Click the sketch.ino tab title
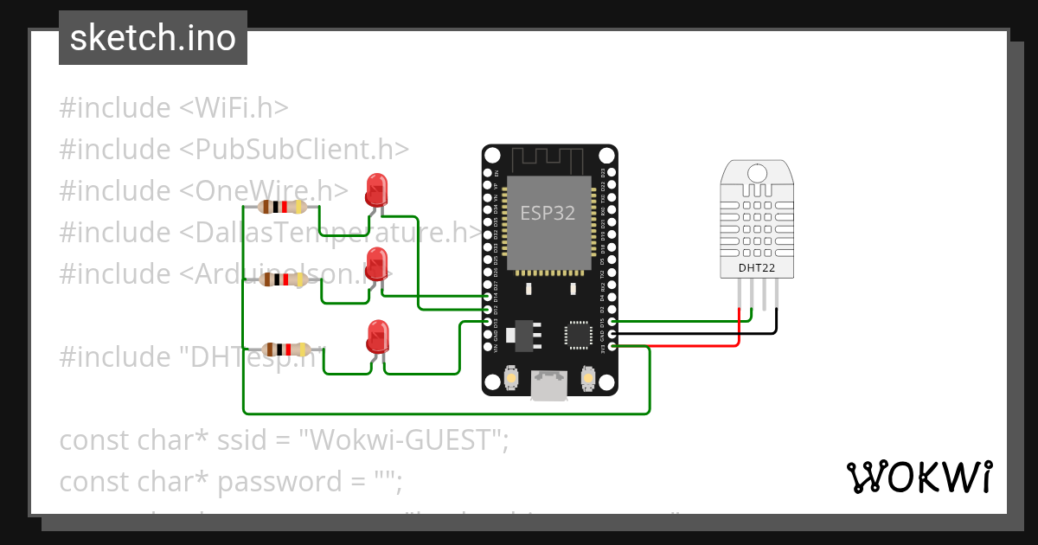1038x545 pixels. pyautogui.click(x=152, y=38)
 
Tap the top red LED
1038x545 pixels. pyautogui.click(x=376, y=189)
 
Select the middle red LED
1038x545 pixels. pyautogui.click(x=376, y=263)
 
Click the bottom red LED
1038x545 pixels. pyautogui.click(x=377, y=336)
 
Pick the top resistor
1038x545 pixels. pyautogui.click(x=282, y=207)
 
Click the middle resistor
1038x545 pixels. pyautogui.click(x=282, y=279)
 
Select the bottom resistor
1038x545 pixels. pyautogui.click(x=285, y=349)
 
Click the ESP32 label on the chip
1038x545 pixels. pyautogui.click(x=548, y=213)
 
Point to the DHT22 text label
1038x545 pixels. pyautogui.click(x=755, y=267)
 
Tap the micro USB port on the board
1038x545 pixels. pyautogui.click(x=549, y=385)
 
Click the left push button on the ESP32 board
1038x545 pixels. pyautogui.click(x=511, y=378)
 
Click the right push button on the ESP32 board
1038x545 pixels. pyautogui.click(x=587, y=378)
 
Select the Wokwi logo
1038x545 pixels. pyautogui.click(x=919, y=477)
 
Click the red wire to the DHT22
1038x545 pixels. pyautogui.click(x=692, y=346)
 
